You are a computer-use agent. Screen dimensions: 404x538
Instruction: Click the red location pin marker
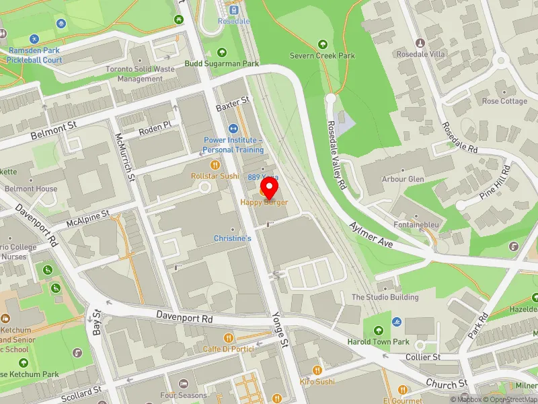[x=270, y=186]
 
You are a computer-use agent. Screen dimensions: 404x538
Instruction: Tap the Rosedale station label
[x=233, y=21]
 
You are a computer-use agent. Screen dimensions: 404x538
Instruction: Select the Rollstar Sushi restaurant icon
[x=215, y=164]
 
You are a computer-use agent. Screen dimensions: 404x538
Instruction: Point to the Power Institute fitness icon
[x=234, y=129]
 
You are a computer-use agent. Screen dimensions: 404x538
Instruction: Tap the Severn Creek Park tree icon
[x=322, y=44]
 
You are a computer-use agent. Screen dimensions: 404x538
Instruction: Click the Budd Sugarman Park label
[x=222, y=64]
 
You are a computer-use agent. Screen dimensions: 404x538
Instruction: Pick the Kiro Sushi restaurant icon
[x=317, y=370]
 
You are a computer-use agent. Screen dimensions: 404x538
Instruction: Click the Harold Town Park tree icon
[x=379, y=330]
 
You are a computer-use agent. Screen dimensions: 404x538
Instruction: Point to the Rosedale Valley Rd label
[x=337, y=155]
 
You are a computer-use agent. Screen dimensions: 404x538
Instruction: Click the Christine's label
[x=233, y=238]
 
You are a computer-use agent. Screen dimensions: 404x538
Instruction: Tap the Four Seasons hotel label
[x=184, y=395]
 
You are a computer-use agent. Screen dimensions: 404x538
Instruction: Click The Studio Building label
[x=385, y=297]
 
